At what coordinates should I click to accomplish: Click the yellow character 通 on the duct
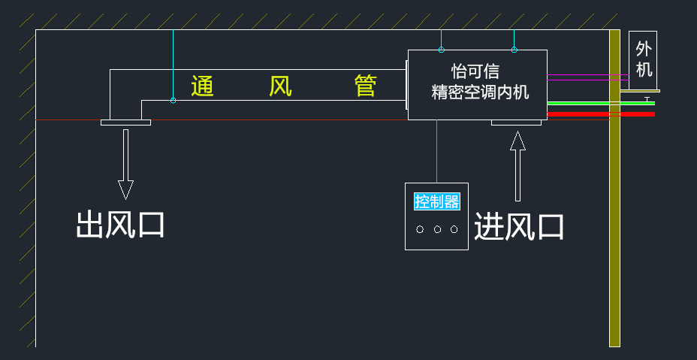pos(203,86)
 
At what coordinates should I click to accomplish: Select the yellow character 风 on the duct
pos(280,86)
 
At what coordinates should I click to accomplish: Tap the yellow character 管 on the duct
pos(365,86)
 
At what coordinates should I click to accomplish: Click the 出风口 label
pos(120,225)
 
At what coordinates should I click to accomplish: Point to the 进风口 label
pos(519,226)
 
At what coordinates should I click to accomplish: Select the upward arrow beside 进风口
pos(517,167)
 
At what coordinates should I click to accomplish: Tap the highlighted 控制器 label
pos(436,201)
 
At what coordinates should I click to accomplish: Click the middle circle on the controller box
pos(437,229)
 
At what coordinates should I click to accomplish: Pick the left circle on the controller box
pos(420,229)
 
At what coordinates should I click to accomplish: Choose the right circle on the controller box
pos(454,229)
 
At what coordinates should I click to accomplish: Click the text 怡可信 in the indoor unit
pos(475,71)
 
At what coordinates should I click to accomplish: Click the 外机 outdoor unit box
pos(643,59)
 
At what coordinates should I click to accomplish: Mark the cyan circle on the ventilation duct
pos(173,100)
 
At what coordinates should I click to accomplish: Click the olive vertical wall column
pos(614,225)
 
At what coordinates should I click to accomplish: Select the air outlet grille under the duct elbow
pos(125,123)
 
